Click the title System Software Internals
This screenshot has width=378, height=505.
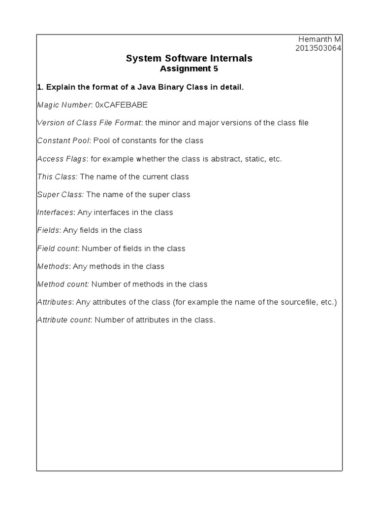[189, 58]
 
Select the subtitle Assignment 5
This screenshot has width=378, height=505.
[189, 69]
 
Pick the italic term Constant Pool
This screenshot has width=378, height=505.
[63, 141]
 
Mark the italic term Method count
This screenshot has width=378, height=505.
[63, 284]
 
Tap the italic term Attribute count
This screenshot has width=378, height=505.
[64, 320]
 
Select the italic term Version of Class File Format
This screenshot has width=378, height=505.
[89, 123]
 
